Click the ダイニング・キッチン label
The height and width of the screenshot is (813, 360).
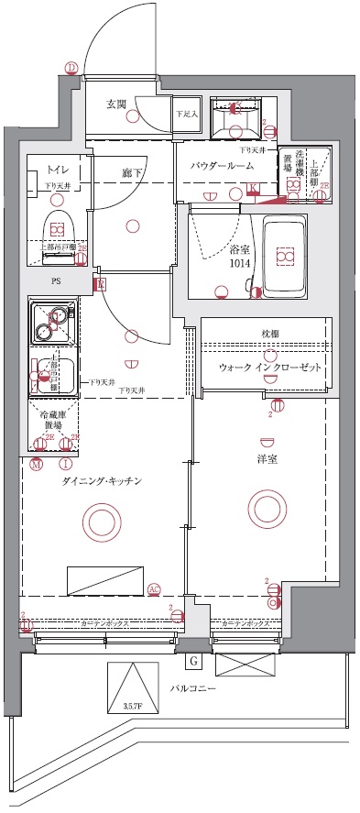pos(101,481)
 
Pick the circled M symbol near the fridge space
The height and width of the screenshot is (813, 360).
pos(36,465)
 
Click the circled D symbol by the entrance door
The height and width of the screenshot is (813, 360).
pos(71,66)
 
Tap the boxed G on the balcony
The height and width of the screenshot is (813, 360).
pos(194,660)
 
